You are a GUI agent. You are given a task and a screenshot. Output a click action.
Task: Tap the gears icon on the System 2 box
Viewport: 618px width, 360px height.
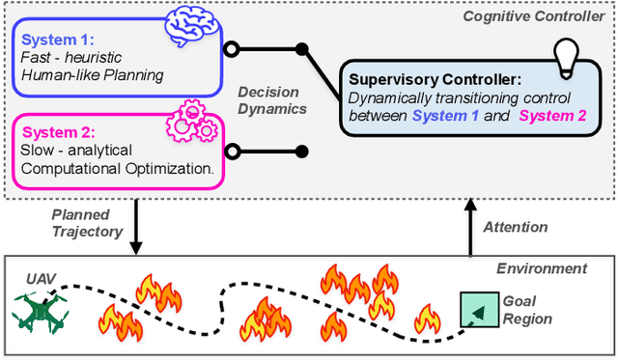click(x=191, y=124)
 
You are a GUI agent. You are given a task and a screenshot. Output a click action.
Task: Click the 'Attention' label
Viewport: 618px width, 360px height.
click(x=514, y=227)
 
